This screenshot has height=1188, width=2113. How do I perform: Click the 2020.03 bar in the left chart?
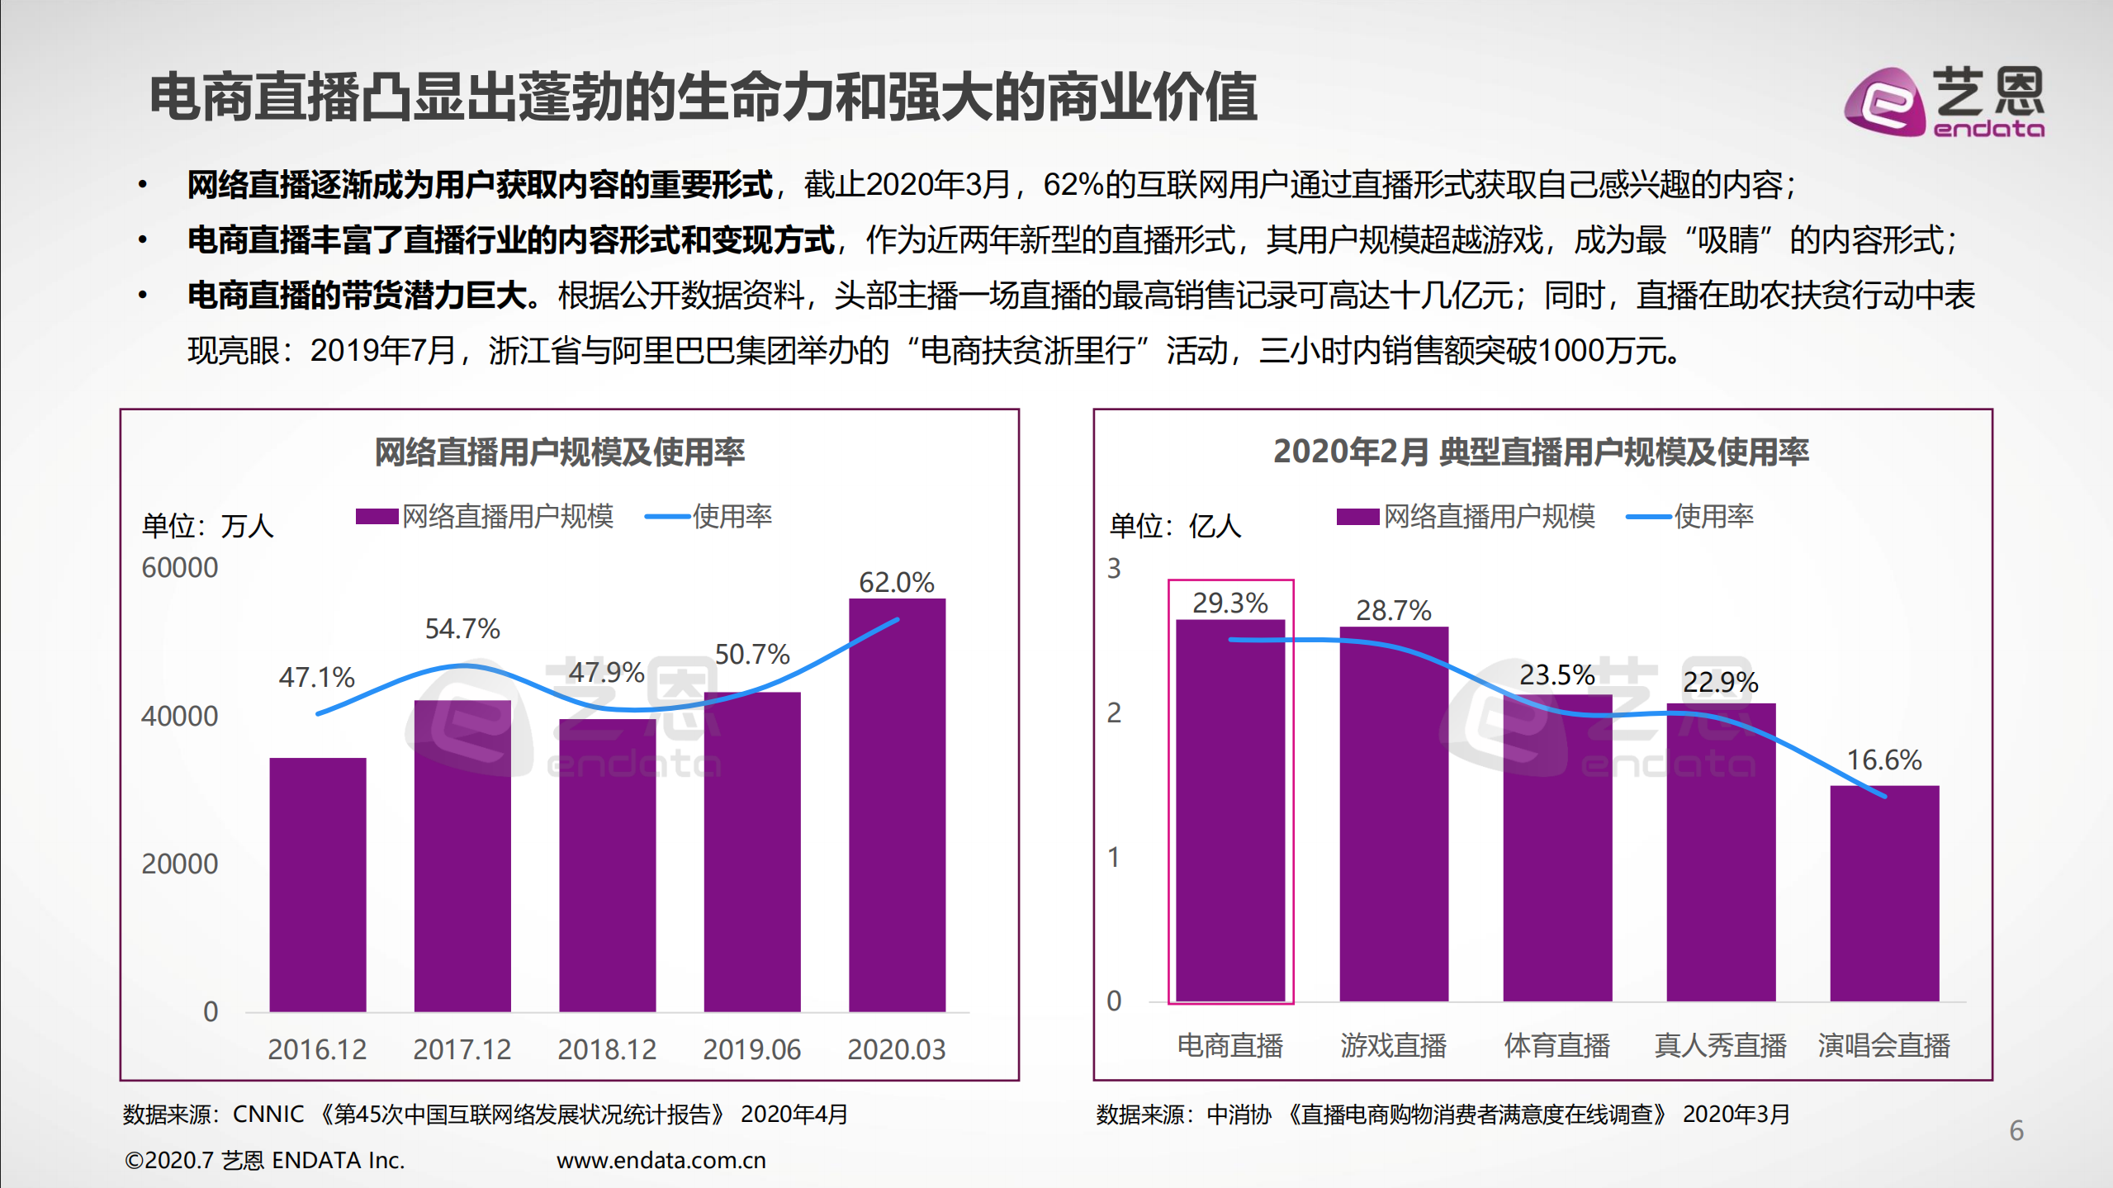click(897, 805)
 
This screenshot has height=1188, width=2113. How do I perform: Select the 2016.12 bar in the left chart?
click(318, 884)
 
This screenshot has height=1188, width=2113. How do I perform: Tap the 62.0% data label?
click(896, 583)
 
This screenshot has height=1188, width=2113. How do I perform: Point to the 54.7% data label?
click(462, 629)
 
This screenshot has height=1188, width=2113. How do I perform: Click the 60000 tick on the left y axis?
click(179, 568)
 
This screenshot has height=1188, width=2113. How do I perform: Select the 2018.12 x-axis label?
click(607, 1049)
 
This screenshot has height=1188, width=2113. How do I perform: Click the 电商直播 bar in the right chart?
click(1230, 810)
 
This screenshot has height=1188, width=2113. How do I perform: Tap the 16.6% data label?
click(1884, 760)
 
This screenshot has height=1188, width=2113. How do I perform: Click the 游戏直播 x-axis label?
click(1393, 1046)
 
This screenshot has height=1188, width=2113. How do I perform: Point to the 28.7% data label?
click(1393, 611)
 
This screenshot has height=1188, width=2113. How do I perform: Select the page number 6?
click(2016, 1130)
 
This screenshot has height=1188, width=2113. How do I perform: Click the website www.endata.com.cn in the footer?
click(661, 1161)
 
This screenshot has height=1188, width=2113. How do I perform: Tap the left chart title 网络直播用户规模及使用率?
click(559, 452)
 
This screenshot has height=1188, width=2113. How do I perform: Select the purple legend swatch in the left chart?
click(377, 517)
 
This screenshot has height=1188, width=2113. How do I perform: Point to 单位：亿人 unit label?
click(1175, 526)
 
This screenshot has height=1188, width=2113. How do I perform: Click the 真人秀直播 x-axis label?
click(1720, 1046)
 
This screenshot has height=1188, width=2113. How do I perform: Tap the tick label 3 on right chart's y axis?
click(1114, 569)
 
